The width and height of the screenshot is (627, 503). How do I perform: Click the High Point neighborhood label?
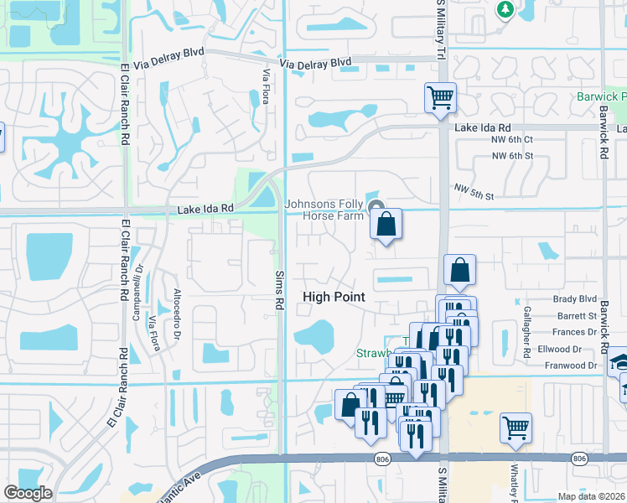[x=334, y=297]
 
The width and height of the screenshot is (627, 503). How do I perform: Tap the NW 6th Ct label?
[x=513, y=140]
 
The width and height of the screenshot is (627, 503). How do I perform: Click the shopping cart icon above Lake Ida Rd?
[x=440, y=98]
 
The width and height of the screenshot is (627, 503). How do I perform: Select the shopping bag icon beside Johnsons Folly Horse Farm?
[x=386, y=225]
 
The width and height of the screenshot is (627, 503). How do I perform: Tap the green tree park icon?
[x=505, y=9]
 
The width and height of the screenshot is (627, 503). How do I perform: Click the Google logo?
[x=28, y=493]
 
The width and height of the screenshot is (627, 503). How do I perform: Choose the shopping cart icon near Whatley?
[x=516, y=428]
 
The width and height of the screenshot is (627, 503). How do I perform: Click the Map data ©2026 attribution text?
[x=591, y=496]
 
